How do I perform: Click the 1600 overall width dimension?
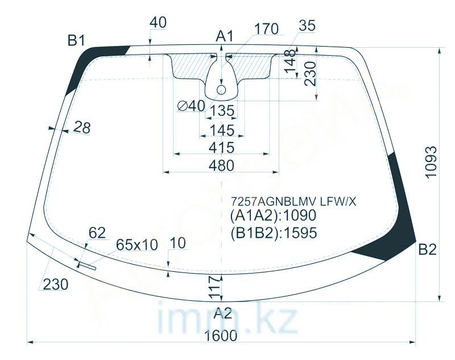tap(221, 336)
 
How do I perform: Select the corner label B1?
tap(76, 40)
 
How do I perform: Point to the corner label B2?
tap(428, 250)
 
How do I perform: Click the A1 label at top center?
tap(225, 37)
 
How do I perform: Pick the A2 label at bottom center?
tap(222, 313)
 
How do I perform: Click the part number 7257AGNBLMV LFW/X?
tap(293, 201)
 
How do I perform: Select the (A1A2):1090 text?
tap(274, 215)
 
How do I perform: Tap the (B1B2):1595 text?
tap(274, 233)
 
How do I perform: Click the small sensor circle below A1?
tap(222, 89)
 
